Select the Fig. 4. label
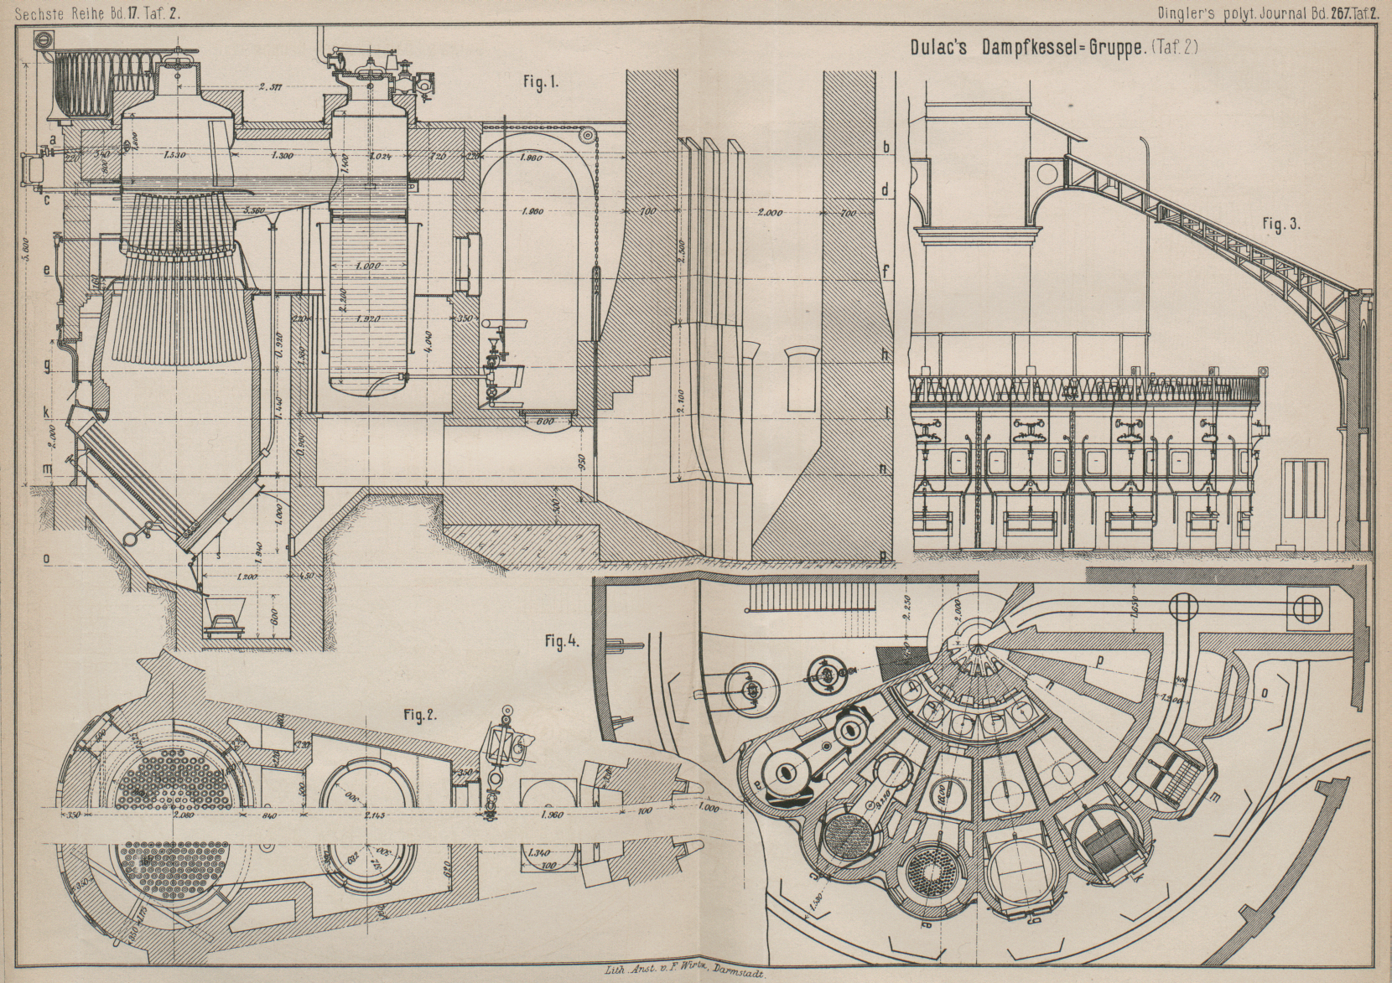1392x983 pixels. click(x=562, y=643)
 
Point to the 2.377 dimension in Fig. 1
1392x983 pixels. click(x=270, y=85)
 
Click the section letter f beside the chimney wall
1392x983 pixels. click(x=885, y=272)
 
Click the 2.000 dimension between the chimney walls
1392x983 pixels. click(x=770, y=214)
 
